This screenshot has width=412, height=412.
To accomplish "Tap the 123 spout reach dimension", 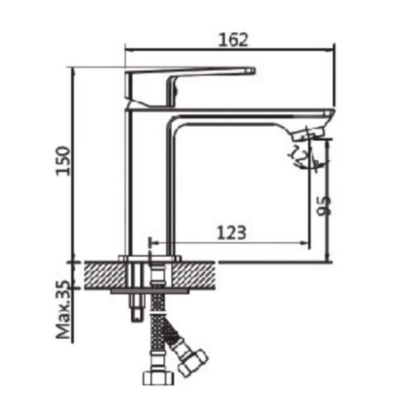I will coord(232,233).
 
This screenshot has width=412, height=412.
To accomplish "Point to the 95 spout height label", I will coord(323,204).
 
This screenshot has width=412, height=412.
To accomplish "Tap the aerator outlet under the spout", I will coord(307,132).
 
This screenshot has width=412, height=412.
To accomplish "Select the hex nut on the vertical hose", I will coord(156,378).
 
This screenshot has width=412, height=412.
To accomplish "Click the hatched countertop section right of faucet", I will coord(199,274).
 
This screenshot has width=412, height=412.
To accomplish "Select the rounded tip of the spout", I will coord(329,116).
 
